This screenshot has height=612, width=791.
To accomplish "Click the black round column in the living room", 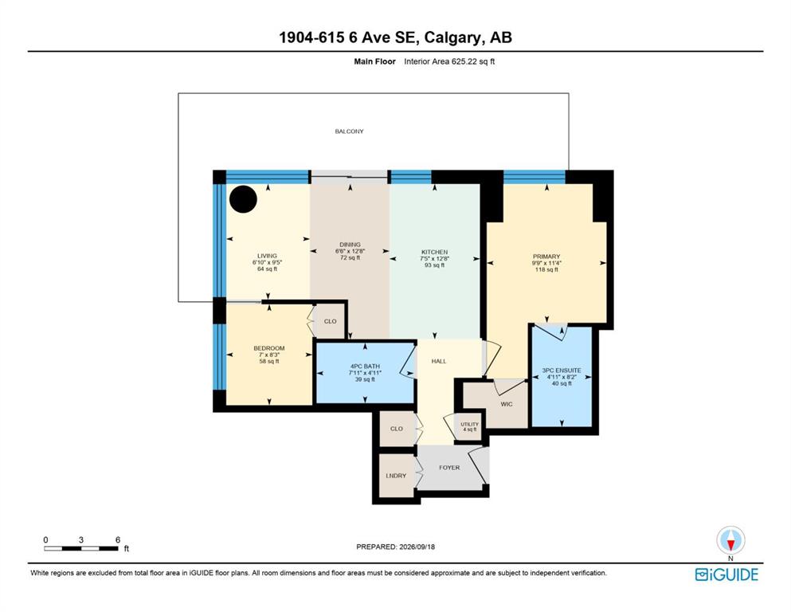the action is (x=243, y=198).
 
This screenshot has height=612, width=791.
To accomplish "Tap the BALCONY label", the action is (x=349, y=131).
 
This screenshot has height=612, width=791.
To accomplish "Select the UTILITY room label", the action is (x=470, y=424).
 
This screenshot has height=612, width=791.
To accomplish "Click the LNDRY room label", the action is (x=396, y=476).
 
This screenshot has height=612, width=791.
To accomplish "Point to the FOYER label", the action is (x=449, y=468).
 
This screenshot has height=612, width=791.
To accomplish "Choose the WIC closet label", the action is (x=507, y=404).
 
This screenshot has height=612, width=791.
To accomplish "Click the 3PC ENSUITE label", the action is (x=562, y=371).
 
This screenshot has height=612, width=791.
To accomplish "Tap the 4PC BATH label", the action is (x=366, y=367).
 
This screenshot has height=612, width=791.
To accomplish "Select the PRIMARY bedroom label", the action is (x=546, y=257).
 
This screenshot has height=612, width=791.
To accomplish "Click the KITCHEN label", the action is (x=435, y=253).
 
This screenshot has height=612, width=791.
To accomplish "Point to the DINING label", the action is (x=350, y=245).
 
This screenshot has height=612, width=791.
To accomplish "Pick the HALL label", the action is (x=439, y=361).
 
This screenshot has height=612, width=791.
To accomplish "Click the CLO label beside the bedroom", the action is (x=331, y=321).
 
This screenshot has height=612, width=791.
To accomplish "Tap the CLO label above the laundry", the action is (x=397, y=429).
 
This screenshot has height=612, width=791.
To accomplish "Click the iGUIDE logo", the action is (x=726, y=575).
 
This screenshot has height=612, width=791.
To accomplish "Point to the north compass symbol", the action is (x=730, y=541).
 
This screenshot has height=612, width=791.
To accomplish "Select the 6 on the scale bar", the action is (x=118, y=539).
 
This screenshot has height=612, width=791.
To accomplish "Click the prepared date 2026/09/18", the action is (x=417, y=547).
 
